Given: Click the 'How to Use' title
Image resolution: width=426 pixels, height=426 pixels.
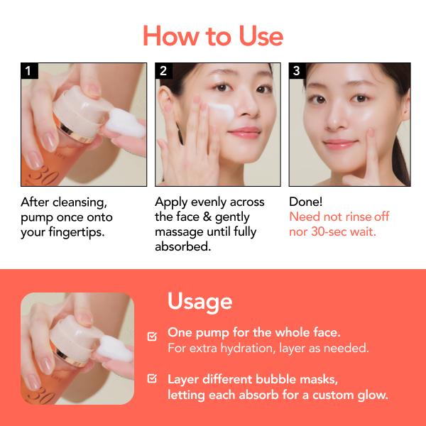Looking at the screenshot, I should [x=213, y=35].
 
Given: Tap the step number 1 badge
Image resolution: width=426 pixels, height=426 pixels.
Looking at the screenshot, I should [x=28, y=71].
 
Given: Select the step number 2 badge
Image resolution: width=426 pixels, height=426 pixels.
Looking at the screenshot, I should [x=163, y=71].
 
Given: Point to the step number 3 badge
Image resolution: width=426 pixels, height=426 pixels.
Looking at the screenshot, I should [x=297, y=71].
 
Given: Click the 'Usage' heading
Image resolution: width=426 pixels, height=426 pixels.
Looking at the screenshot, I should [x=200, y=301].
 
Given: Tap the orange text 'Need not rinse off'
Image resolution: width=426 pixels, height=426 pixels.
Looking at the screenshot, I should [x=339, y=217].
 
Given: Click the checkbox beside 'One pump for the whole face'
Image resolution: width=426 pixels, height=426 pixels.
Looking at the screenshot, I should [x=152, y=336].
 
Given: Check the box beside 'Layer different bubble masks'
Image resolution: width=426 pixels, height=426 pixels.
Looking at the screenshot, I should [x=152, y=379].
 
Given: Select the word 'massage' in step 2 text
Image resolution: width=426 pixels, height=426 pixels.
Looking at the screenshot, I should [x=180, y=232].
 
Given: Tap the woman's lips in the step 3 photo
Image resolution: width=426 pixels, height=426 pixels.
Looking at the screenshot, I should [x=339, y=146].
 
